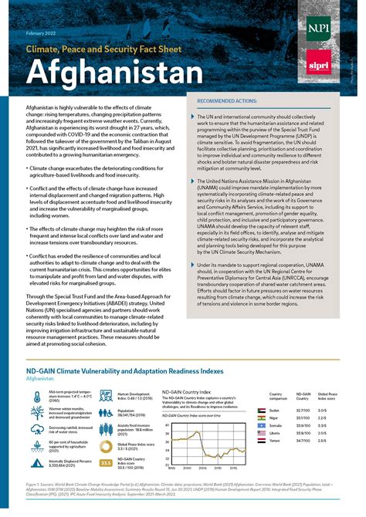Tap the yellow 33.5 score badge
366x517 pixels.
106,462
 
